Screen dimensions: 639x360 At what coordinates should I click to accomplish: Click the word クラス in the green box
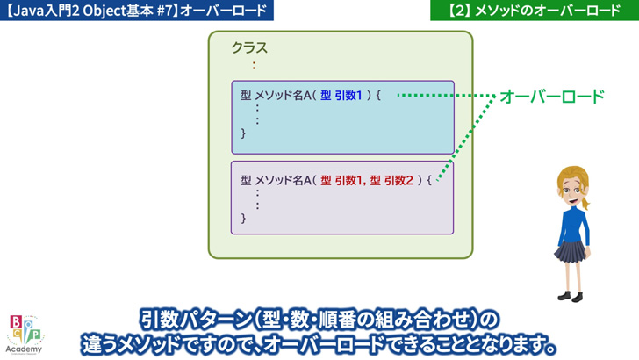click(249, 47)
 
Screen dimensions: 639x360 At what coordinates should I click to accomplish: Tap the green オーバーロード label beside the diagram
click(552, 97)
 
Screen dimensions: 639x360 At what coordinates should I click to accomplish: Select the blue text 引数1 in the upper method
click(348, 96)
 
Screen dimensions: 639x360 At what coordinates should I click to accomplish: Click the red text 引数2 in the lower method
click(398, 180)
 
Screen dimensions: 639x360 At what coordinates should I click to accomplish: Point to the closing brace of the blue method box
click(243, 133)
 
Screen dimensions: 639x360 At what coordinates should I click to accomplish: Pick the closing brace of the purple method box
click(243, 218)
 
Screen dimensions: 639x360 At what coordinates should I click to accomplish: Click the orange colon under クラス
click(254, 65)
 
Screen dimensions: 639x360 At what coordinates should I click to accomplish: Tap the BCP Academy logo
click(25, 335)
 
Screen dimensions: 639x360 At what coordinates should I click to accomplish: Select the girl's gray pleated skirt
click(571, 251)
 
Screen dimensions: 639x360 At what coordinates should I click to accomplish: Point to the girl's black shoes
click(571, 297)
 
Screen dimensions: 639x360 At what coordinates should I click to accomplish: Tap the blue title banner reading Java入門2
click(137, 11)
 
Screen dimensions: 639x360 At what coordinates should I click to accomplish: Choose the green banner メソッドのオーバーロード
click(535, 11)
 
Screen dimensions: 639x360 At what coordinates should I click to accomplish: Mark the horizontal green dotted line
click(446, 96)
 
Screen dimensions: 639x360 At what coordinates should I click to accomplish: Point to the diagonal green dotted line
click(466, 138)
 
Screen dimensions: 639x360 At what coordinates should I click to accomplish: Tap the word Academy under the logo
click(24, 349)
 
